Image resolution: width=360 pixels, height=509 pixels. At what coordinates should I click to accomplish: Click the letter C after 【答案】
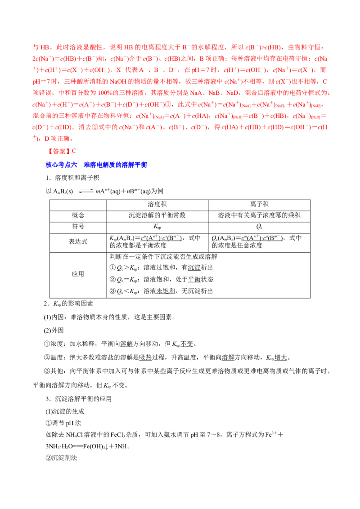pos(75,152)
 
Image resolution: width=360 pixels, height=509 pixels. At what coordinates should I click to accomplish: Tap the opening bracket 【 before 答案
pos(50,152)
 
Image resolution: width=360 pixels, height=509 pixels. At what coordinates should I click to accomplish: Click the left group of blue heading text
pos(62,165)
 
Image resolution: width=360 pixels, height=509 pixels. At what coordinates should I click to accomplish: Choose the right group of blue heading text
pos(115,165)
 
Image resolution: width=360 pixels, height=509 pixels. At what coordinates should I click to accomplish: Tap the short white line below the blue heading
pos(85,189)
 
